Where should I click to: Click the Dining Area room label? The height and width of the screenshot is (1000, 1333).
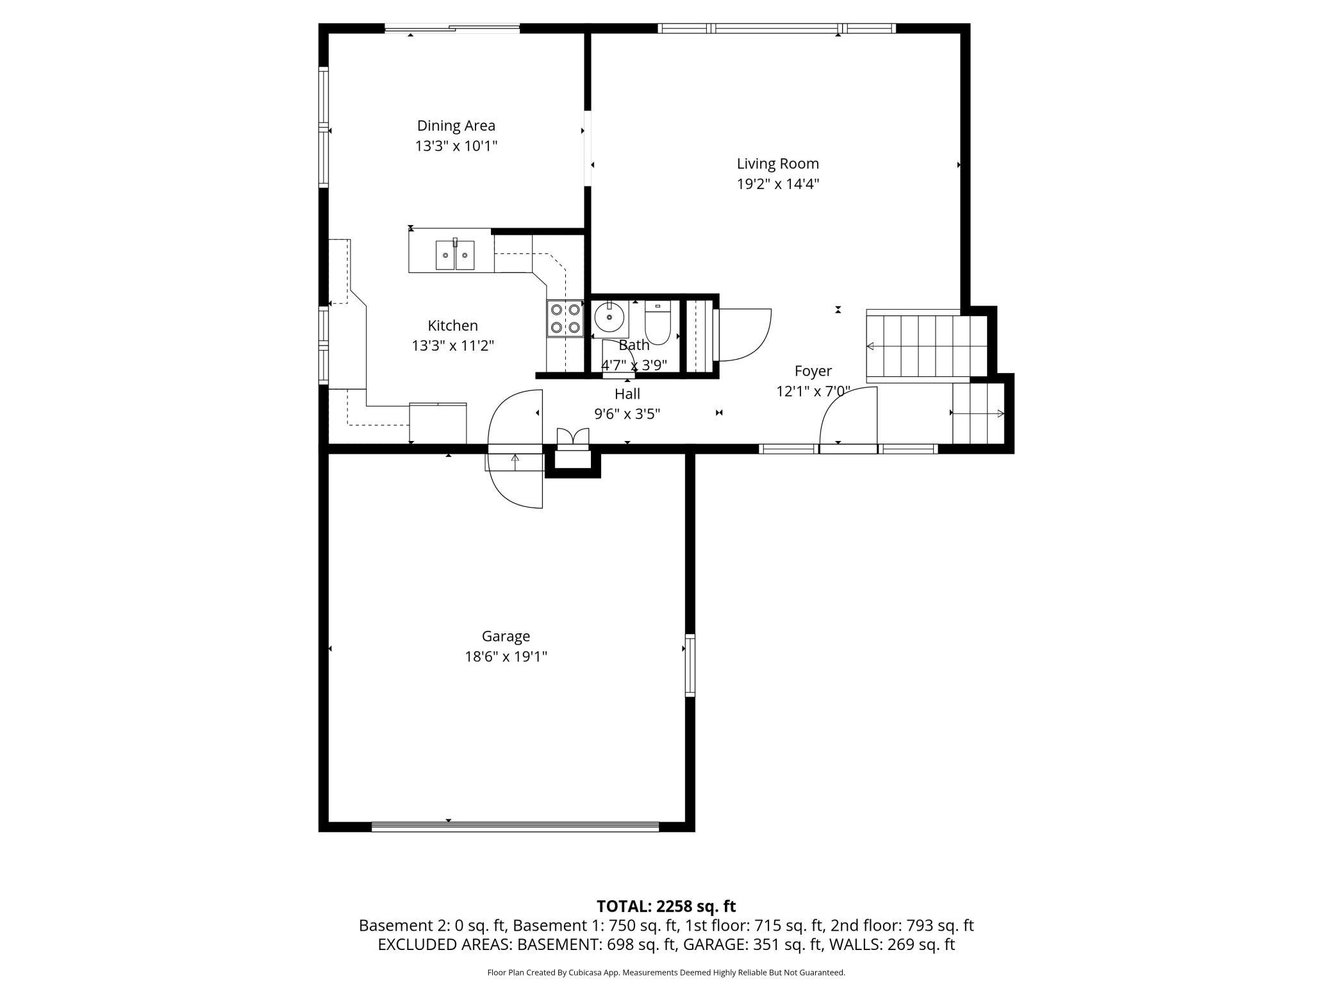click(x=456, y=126)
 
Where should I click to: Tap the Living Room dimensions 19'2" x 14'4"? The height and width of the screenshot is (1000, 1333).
click(x=777, y=184)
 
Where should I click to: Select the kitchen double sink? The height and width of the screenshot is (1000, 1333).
click(x=455, y=255)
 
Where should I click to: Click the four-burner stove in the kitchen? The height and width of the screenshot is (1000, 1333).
click(x=565, y=319)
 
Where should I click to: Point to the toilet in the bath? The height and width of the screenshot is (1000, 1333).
click(x=657, y=322)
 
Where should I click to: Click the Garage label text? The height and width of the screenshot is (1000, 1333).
click(x=506, y=637)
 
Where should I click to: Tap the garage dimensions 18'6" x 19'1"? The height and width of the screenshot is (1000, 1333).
click(x=506, y=657)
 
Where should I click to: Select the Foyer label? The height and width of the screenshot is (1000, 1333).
click(x=813, y=371)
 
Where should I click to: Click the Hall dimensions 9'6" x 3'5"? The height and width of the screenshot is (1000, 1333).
click(x=627, y=414)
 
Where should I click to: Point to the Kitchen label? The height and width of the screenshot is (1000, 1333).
click(x=452, y=326)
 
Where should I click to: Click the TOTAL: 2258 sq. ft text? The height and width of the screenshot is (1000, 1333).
click(x=666, y=906)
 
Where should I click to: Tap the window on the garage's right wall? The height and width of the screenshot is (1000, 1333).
click(x=690, y=665)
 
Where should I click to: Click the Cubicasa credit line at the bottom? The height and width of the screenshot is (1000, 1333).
click(x=666, y=972)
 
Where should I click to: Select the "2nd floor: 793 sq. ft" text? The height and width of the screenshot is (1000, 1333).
click(x=902, y=926)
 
